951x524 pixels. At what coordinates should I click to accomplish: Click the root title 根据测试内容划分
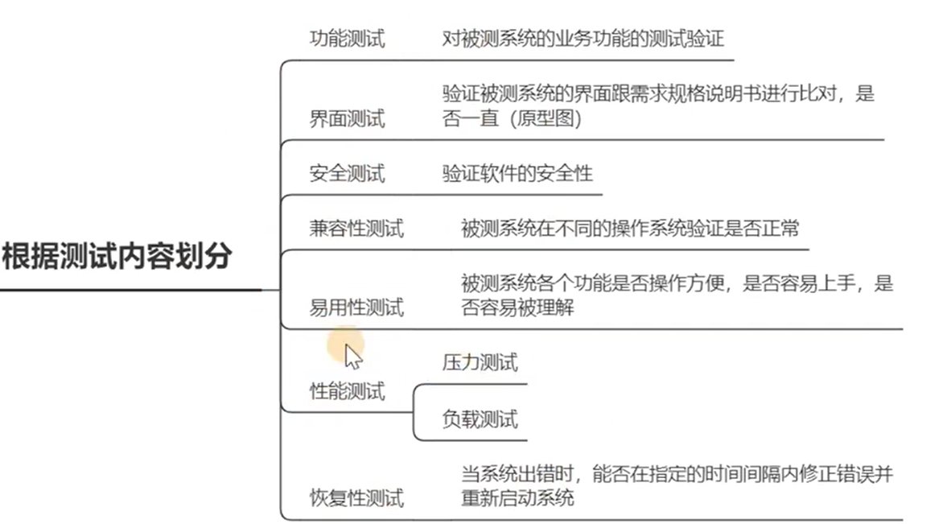[117, 257]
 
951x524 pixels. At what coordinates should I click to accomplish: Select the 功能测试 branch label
[347, 39]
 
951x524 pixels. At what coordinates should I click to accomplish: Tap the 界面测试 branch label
[347, 119]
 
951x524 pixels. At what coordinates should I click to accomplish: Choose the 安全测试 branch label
[347, 173]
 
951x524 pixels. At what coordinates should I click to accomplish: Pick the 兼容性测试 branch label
[356, 229]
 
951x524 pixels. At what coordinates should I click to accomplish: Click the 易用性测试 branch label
[356, 307]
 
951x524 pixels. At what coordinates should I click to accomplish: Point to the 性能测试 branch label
[347, 392]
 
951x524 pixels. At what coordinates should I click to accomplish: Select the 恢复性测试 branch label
[356, 498]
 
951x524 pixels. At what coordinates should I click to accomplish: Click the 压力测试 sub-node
[480, 363]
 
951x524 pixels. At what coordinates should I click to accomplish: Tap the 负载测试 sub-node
[480, 419]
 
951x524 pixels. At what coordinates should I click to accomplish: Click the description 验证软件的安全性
[517, 173]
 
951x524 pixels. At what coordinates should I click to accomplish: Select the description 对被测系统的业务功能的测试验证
[583, 39]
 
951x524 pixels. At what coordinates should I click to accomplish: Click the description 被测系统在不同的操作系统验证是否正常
[630, 229]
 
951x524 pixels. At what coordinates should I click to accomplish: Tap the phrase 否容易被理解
[517, 307]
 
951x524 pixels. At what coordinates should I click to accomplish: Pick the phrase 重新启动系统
[517, 498]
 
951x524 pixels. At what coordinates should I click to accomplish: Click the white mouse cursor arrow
[352, 355]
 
